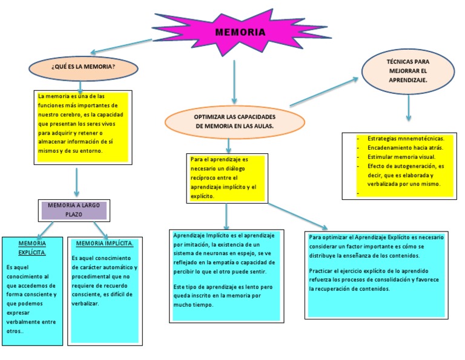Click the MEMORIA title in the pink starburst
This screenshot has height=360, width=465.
(240, 32)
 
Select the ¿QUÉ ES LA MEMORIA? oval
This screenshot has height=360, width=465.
(84, 68)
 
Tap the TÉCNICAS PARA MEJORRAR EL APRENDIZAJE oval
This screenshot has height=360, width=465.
(408, 72)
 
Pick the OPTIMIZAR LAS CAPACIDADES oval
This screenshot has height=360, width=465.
(234, 122)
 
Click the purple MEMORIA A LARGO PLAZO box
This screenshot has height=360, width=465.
(74, 210)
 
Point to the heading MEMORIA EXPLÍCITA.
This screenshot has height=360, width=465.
(32, 248)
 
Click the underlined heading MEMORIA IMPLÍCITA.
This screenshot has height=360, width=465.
(105, 244)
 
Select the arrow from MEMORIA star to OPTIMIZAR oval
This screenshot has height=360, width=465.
(234, 82)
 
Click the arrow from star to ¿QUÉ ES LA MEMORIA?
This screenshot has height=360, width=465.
(121, 46)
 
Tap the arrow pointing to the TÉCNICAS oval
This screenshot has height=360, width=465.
(324, 92)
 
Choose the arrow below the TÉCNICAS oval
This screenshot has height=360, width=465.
(409, 108)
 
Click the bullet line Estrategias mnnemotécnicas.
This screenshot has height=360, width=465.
(406, 138)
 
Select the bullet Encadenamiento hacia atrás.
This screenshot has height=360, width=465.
(405, 147)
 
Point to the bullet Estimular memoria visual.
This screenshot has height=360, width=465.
(401, 157)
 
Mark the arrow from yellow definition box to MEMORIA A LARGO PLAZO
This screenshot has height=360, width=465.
(76, 182)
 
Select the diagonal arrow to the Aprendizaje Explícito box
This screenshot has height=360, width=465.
(298, 216)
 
